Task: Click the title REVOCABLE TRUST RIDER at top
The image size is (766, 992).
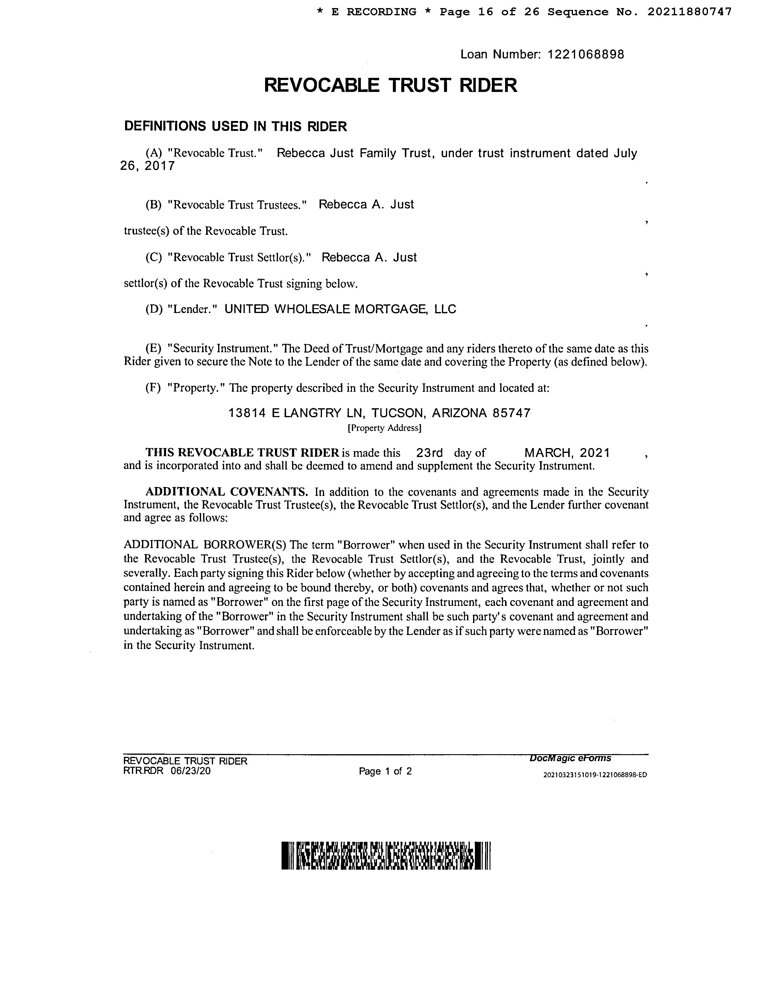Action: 390,85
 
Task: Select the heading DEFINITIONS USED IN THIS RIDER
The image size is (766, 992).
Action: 235,126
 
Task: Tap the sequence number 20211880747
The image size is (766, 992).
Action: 689,12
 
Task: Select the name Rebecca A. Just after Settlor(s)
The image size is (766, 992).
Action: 369,258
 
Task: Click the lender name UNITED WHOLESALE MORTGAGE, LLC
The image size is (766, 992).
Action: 340,309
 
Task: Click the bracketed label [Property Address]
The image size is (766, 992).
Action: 384,428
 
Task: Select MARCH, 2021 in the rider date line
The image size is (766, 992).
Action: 567,453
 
